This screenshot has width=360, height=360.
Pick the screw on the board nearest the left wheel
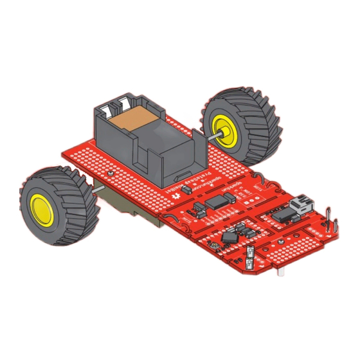[111, 172]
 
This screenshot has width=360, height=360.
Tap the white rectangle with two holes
[251, 253]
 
